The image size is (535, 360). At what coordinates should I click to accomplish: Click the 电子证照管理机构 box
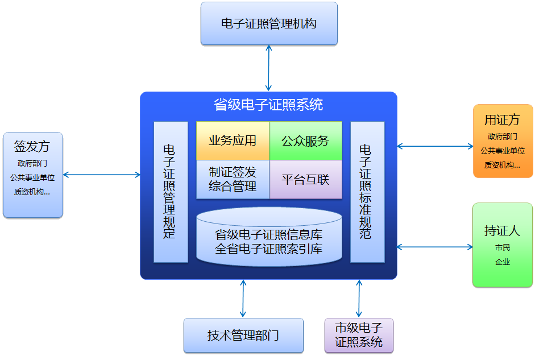pos(269,23)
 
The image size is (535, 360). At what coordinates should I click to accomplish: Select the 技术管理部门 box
pos(243,335)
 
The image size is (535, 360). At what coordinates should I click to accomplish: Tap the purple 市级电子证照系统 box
pos(359,335)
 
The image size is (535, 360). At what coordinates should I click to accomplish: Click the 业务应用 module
pos(233,140)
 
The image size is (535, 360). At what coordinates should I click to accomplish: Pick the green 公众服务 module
pos(305,140)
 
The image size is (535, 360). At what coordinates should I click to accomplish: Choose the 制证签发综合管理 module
pos(233,179)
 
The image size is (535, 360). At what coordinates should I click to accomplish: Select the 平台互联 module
pos(305,179)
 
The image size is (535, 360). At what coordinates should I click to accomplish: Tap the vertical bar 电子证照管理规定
pos(170,192)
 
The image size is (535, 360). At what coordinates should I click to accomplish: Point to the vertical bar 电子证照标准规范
pos(367,192)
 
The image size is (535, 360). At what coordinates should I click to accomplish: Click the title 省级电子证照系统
pos(268,105)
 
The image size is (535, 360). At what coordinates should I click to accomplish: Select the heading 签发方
pos(32,146)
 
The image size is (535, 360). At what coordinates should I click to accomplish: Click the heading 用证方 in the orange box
pos(502,119)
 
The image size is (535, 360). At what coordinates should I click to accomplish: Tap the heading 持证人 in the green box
pos(502,231)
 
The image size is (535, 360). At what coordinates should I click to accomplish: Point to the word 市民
pos(503,248)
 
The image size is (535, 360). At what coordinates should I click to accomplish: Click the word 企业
pos(503,262)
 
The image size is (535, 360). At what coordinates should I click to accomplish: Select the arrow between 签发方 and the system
pos(101,175)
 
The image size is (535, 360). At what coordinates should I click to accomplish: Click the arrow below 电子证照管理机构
pos(269,68)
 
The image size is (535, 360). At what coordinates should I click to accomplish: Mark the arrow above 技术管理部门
pos(243,299)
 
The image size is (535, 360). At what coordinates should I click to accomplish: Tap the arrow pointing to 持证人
pos(435,247)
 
